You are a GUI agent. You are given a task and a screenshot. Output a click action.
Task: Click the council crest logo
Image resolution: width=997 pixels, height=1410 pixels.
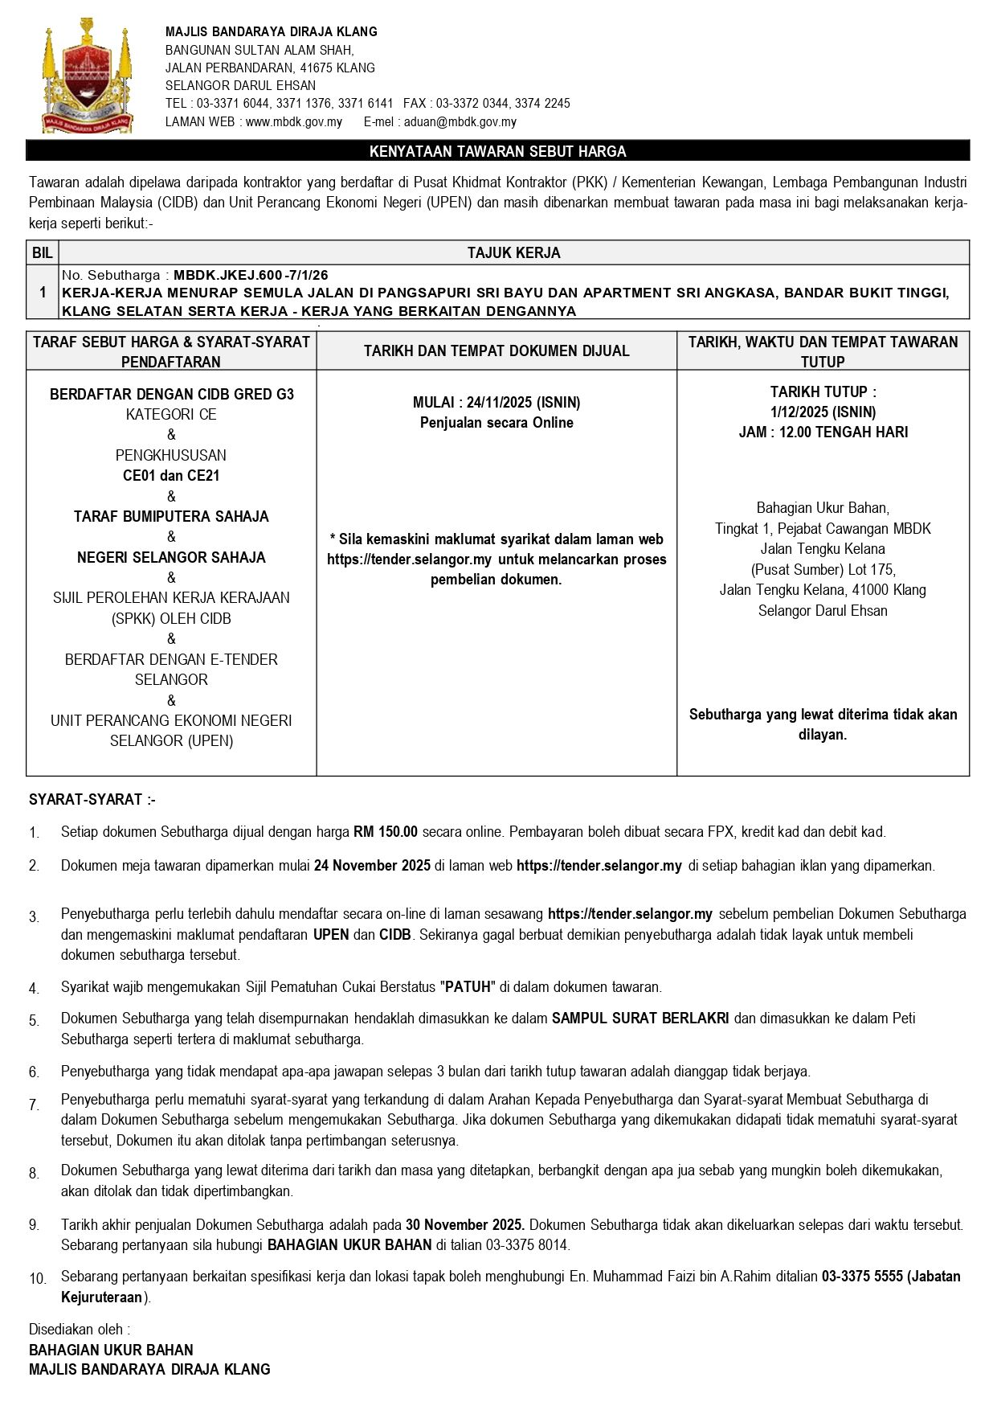pos(86,77)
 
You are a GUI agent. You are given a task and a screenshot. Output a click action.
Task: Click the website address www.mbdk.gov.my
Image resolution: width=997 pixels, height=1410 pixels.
pos(293,122)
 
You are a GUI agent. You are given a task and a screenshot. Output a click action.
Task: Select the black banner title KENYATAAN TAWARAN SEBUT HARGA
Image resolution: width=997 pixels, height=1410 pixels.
pos(497,151)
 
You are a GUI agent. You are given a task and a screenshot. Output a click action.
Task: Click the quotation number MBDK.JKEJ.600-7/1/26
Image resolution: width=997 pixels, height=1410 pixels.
pos(251,275)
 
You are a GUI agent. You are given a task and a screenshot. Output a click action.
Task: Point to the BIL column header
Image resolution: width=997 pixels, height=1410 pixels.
pos(43,252)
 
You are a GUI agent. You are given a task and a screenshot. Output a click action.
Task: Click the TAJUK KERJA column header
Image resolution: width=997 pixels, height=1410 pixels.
pos(513,252)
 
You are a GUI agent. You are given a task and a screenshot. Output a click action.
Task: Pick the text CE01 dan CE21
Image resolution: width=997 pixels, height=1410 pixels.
pos(171,475)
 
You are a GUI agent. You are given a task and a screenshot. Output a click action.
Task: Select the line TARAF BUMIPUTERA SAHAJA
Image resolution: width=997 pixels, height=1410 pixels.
pos(171,516)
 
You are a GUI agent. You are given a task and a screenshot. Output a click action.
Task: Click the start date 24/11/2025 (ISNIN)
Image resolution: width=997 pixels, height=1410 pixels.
pos(523,402)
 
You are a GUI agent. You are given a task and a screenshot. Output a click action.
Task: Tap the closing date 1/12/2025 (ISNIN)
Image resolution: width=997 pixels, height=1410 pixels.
pos(823,412)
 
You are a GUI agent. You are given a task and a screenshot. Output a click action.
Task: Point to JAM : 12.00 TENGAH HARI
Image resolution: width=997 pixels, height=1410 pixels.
pos(823,432)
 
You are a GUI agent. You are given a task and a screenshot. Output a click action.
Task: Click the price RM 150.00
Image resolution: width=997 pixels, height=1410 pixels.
pos(386,832)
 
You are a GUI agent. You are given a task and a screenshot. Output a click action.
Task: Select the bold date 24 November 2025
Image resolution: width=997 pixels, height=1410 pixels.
pos(372,866)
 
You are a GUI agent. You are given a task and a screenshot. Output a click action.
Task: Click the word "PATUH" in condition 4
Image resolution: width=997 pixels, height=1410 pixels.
pos(468,987)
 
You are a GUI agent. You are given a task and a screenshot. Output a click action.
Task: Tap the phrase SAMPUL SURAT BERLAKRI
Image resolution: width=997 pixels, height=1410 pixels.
pos(640,1019)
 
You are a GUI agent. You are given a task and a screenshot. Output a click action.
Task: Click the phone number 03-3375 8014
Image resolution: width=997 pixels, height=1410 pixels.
pos(527,1245)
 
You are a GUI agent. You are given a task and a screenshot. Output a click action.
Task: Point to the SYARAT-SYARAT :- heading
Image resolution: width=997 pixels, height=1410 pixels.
pos(92,800)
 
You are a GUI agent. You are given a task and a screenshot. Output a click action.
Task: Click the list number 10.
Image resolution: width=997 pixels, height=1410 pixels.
pos(38,1278)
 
